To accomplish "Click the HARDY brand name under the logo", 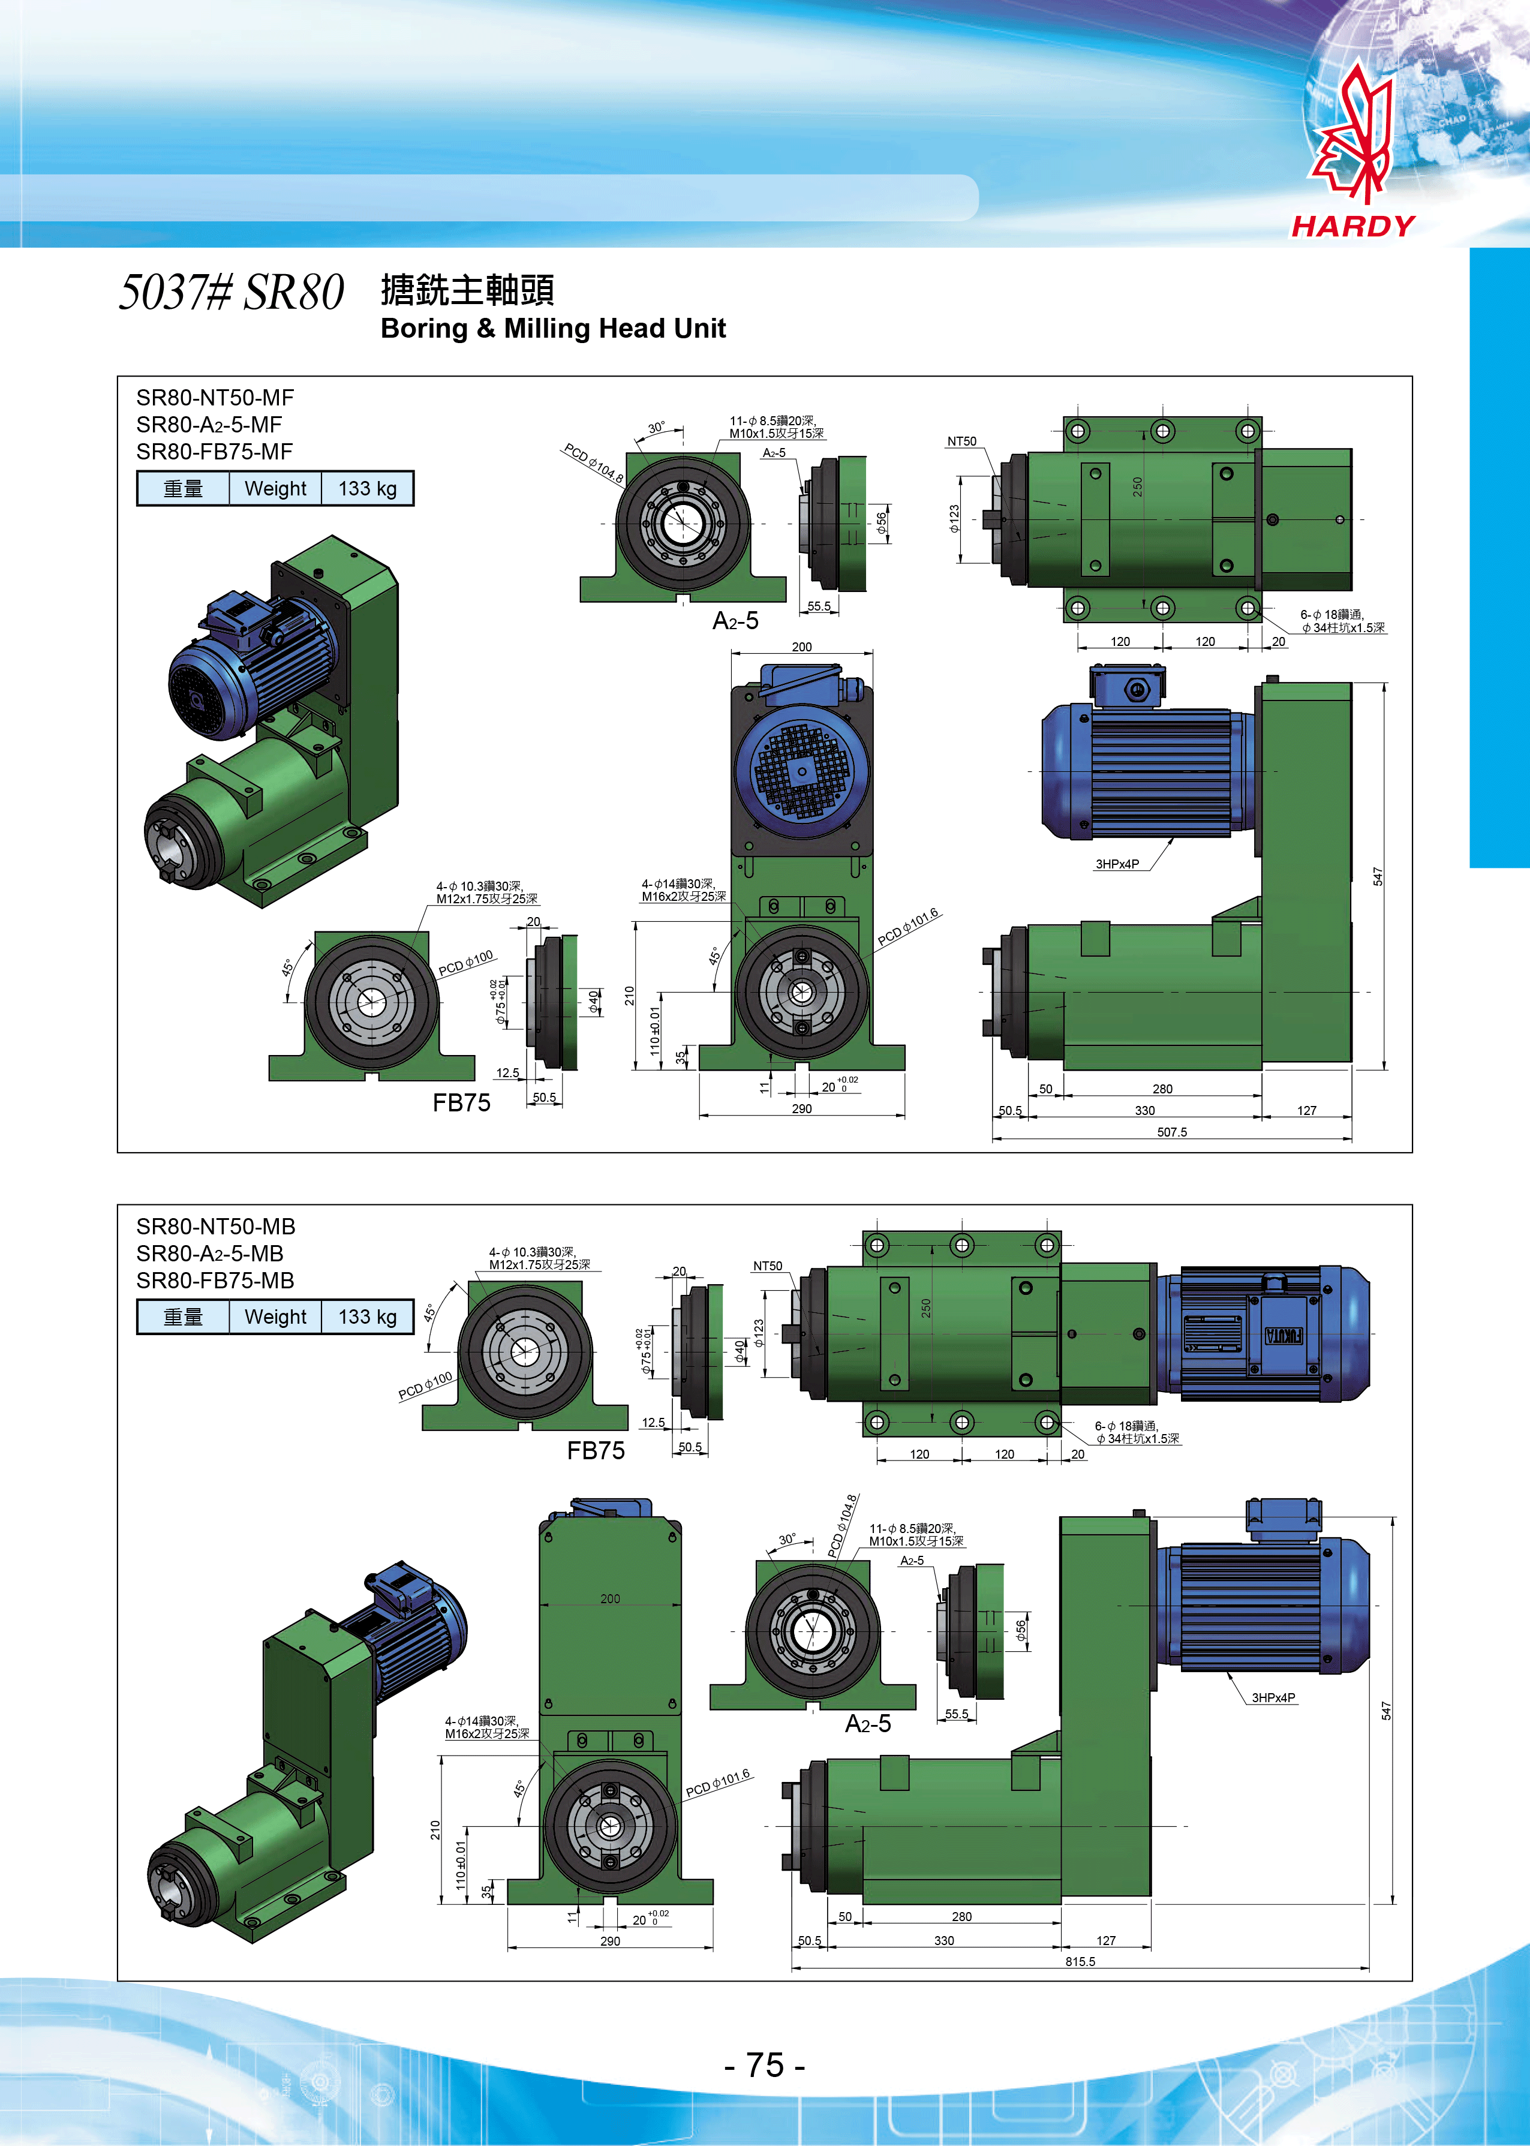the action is (1353, 226).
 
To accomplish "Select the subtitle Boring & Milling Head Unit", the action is (553, 328).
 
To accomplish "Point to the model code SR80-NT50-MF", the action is (215, 398).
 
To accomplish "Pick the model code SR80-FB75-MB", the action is (215, 1281).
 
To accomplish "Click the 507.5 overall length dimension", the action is (1172, 1131).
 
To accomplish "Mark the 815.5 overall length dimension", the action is (1080, 1961).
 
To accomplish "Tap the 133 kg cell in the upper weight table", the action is (368, 488).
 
